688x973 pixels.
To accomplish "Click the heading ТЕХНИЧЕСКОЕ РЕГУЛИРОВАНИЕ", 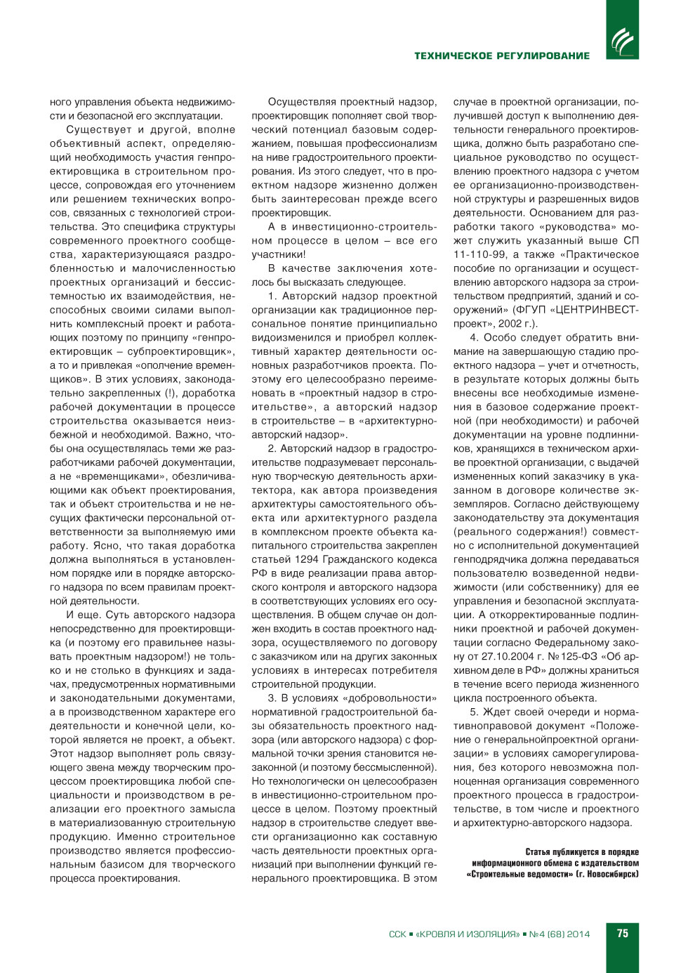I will tap(502, 55).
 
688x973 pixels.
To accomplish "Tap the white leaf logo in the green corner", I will tap(622, 41).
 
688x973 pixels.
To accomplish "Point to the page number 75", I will tap(623, 934).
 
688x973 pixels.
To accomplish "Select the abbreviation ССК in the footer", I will tap(397, 934).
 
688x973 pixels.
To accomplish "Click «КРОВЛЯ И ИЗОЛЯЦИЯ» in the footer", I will tap(468, 934).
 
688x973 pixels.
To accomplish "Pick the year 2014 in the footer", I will tap(578, 934).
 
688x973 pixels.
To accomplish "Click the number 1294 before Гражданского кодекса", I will tap(307, 559).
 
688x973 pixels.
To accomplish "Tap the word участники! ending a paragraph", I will tap(279, 254).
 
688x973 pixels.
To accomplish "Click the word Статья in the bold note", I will tap(539, 852).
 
